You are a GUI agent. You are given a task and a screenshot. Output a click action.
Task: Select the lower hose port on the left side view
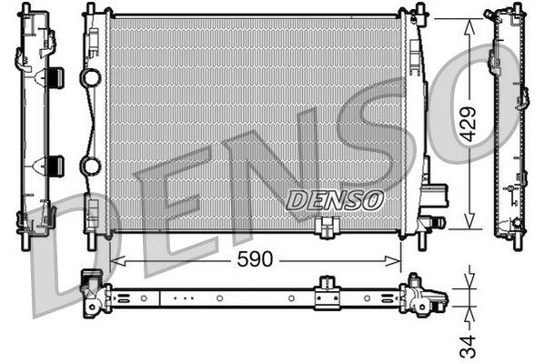55,166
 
